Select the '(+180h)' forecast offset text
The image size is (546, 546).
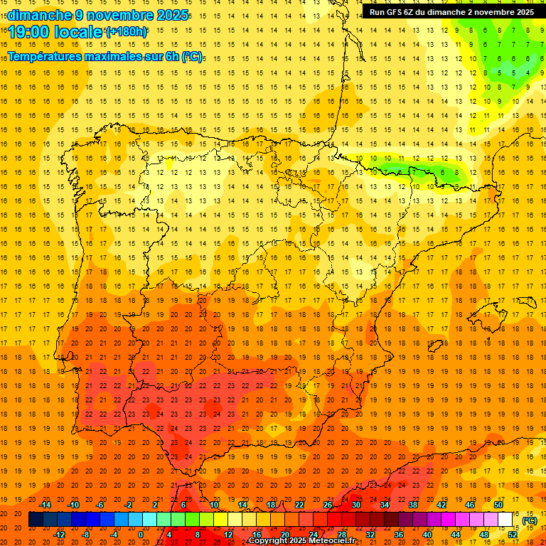pos(127,31)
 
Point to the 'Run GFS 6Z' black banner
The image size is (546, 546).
pos(451,11)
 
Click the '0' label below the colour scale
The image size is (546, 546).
pos(141,535)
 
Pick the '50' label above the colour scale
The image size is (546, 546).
pos(498,505)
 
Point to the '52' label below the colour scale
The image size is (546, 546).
pos(513,535)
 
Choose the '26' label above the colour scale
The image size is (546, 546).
pos(328,505)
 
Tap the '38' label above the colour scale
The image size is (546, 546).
pos(413,505)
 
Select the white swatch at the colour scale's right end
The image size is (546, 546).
pos(505,520)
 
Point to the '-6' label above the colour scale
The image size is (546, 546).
pos(100,505)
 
